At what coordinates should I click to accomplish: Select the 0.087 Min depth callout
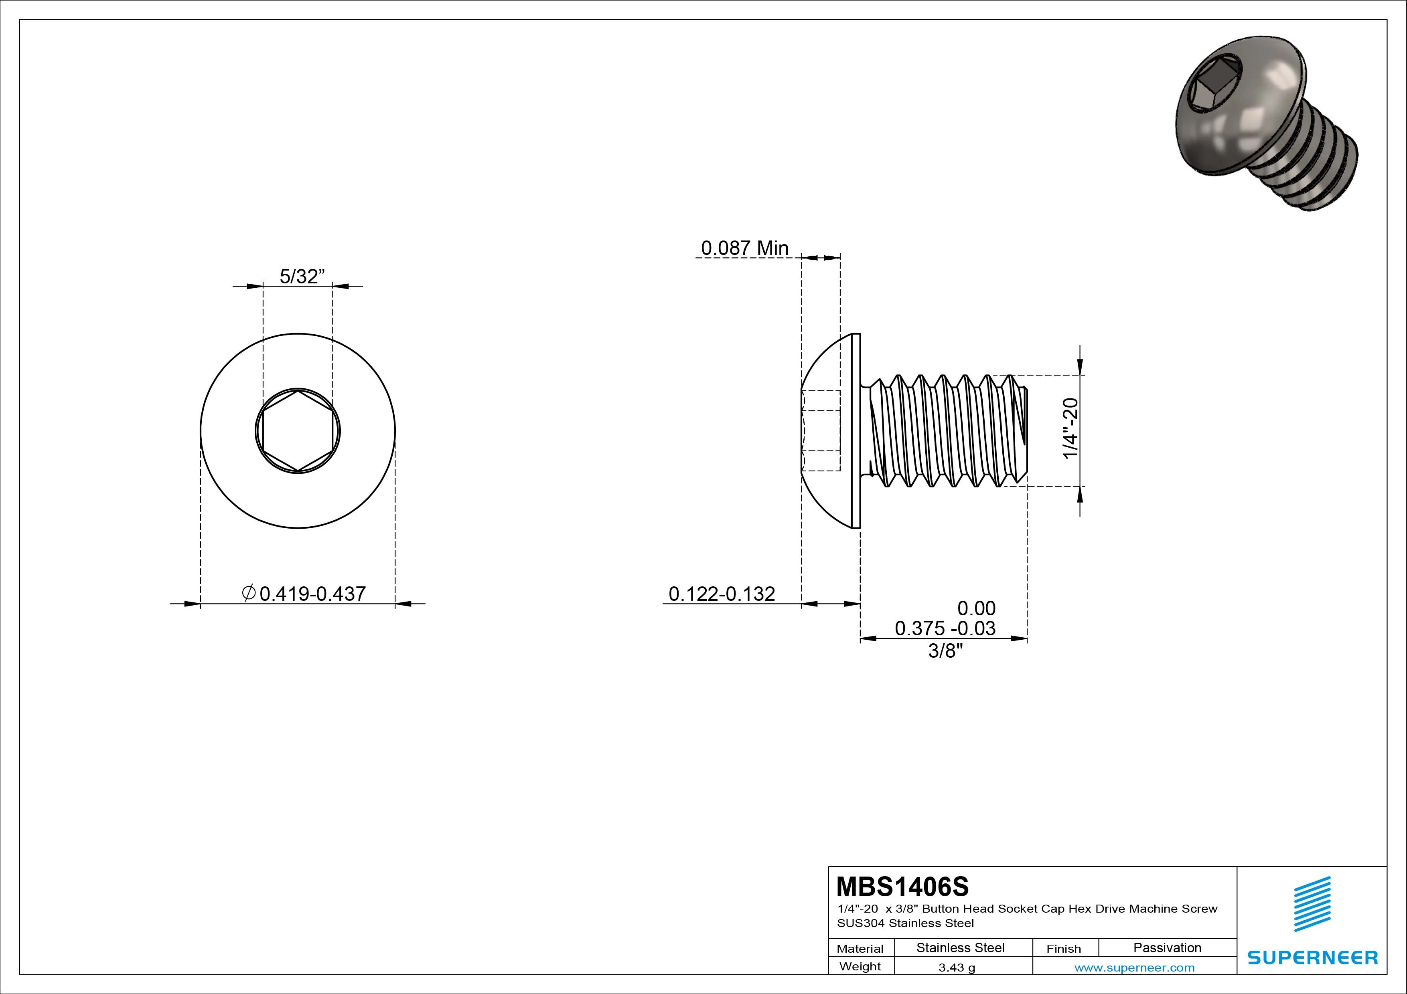[x=744, y=248]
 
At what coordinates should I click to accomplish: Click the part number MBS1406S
[x=902, y=886]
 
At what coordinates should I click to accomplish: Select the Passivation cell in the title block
[x=1167, y=948]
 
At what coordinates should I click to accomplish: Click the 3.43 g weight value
[x=957, y=968]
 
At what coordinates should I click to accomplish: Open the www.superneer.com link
[x=1134, y=968]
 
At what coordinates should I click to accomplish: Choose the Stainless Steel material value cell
[x=960, y=948]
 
